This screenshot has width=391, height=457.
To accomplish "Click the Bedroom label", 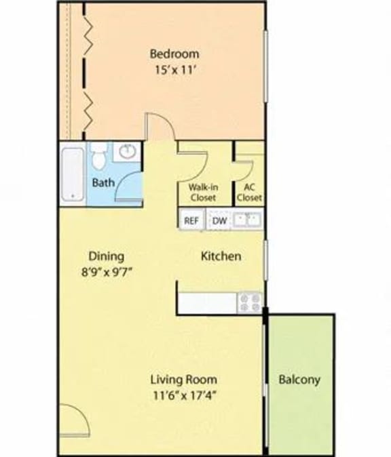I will tap(174, 54).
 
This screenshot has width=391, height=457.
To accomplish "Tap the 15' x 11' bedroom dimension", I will tap(174, 68).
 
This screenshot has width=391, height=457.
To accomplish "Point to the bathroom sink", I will tap(126, 151).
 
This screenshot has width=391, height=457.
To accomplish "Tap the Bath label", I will tap(103, 182).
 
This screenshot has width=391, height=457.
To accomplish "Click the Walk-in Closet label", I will tap(202, 193).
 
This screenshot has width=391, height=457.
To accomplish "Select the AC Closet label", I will tap(248, 193).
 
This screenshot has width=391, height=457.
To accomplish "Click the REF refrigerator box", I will tap(191, 220).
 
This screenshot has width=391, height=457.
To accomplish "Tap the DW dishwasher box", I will tap(219, 220).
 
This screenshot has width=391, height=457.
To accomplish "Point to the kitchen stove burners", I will tap(249, 302).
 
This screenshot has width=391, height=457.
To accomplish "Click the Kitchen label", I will tap(221, 257).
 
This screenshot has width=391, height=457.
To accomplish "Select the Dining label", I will tap(107, 256).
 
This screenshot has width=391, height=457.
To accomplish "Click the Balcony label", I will tap(299, 380).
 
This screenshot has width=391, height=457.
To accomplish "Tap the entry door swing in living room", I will tap(73, 420).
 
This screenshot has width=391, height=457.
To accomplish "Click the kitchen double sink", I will tap(246, 220).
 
